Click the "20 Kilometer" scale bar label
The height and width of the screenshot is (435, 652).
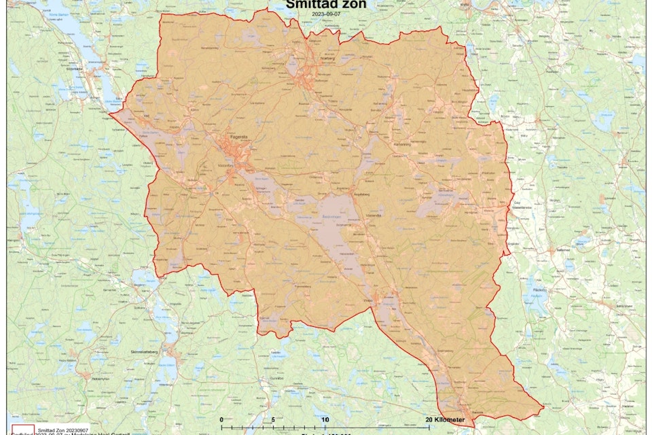[x=446, y=420]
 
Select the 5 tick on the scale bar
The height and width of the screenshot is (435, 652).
[x=273, y=420]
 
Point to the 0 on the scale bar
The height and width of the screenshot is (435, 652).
[x=222, y=420]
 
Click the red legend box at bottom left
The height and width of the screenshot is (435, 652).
[x=24, y=428]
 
